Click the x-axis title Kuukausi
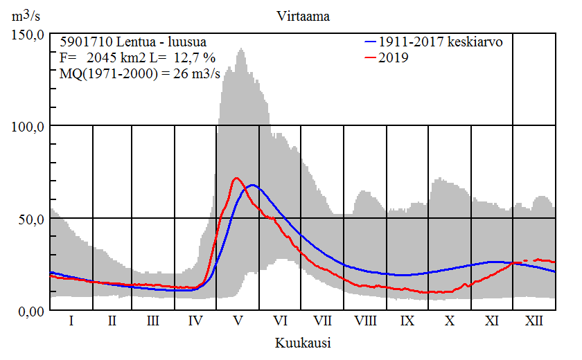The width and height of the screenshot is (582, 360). [303, 342]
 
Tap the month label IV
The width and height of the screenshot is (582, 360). [195, 321]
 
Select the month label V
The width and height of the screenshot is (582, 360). [238, 321]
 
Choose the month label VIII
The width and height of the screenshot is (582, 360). [365, 321]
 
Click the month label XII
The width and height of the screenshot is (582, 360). [534, 321]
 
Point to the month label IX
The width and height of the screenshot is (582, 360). [407, 321]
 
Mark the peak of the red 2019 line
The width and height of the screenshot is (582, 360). [236, 178]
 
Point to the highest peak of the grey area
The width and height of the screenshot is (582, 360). [241, 48]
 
